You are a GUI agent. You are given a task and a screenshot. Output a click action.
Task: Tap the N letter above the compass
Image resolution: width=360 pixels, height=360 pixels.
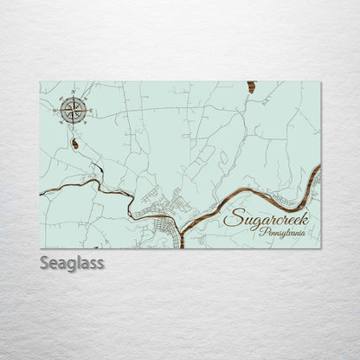tap(74, 92)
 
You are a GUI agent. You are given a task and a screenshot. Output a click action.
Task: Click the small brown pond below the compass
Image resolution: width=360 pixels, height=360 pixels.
tap(75, 144)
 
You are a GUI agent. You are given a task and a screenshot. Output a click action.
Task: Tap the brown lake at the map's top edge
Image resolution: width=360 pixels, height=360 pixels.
tap(251, 87)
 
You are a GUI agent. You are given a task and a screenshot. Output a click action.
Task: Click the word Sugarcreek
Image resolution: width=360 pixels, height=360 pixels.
tap(272, 217)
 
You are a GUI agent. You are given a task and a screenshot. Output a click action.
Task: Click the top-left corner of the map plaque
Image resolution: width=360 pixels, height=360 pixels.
tap(41, 82)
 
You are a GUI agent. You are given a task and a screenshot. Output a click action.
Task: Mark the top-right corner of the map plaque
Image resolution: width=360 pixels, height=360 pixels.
tap(320, 82)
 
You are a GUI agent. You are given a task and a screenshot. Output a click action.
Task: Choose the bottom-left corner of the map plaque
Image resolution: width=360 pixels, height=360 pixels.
tap(41, 248)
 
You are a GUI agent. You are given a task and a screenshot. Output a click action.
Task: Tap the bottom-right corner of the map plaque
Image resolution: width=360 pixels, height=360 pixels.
tap(320, 248)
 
